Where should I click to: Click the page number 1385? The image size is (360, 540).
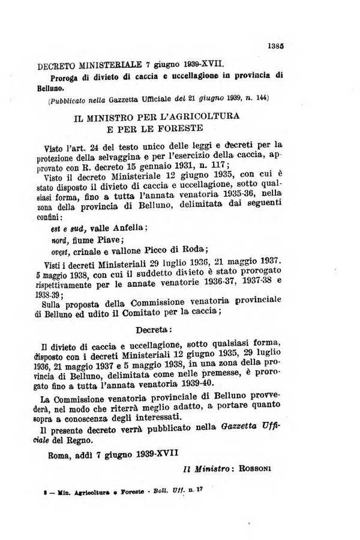(x=277, y=43)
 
